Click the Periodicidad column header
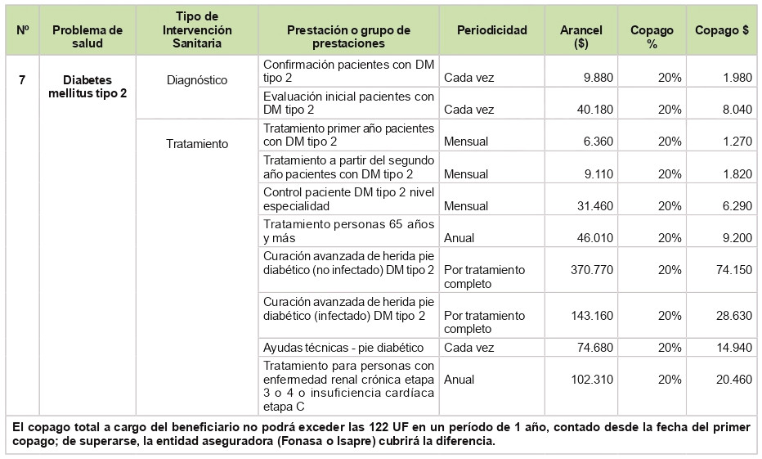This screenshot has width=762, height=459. pos(491,30)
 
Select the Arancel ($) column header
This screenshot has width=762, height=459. pos(581,37)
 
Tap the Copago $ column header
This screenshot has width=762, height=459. pos(721,30)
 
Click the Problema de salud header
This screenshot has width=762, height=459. pos(87,37)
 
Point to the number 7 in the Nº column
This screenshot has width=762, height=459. pos(22,79)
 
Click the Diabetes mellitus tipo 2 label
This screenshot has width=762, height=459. pos(87,87)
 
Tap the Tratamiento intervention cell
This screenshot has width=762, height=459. pos(196,143)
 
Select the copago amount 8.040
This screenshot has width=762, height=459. pos(735,110)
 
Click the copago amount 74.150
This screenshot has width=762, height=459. pos(732,270)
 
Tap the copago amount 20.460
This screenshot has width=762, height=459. pos(732,380)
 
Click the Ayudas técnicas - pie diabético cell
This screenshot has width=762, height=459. pos(343,347)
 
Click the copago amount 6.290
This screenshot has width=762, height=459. pos(735,206)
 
